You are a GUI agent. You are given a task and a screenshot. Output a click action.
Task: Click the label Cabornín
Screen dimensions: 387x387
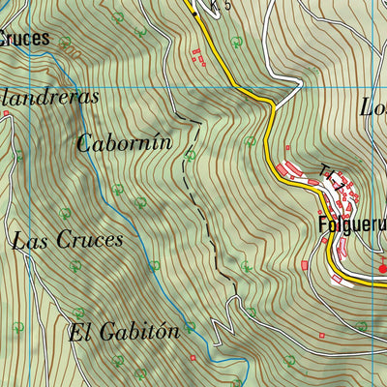[124, 142]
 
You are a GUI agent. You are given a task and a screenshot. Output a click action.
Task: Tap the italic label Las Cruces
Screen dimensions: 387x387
[68, 240]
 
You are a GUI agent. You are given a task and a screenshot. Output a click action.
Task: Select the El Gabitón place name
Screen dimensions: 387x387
[124, 332]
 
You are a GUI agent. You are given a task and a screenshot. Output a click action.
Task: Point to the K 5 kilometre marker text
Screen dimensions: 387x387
[222, 6]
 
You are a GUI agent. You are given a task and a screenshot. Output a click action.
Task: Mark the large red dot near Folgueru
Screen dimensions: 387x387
[382, 268]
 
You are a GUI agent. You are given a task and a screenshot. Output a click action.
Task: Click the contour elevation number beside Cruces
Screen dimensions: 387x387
[66, 43]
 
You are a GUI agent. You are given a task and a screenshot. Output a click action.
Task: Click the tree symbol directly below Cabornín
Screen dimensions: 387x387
[118, 189]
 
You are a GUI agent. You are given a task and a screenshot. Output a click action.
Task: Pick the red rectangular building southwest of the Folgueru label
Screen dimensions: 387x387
[306, 264]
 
